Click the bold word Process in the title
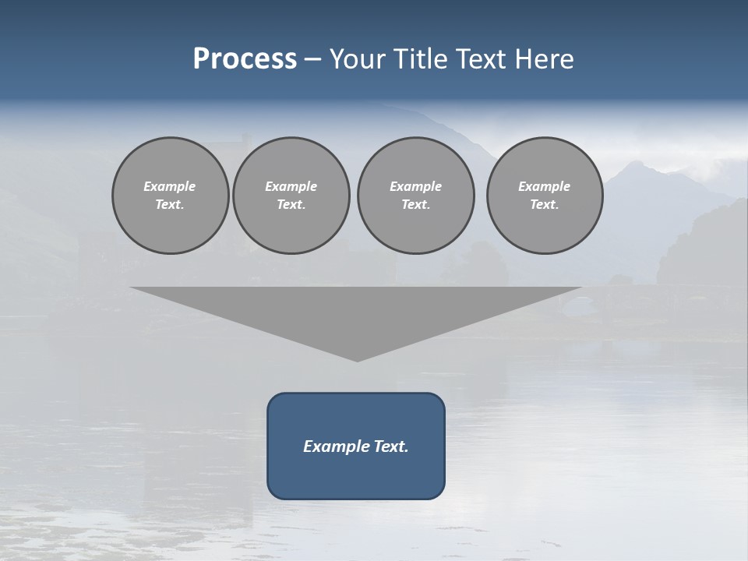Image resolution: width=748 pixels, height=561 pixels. (x=245, y=59)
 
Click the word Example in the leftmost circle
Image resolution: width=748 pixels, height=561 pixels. (x=170, y=186)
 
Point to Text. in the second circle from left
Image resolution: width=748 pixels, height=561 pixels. (x=291, y=205)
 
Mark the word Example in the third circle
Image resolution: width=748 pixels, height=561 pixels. (x=415, y=186)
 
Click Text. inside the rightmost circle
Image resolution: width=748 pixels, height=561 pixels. (x=545, y=205)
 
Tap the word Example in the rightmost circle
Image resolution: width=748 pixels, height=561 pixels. (x=545, y=186)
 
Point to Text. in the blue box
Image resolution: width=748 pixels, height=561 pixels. (x=391, y=446)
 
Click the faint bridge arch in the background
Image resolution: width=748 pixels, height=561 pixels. (x=577, y=306)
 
